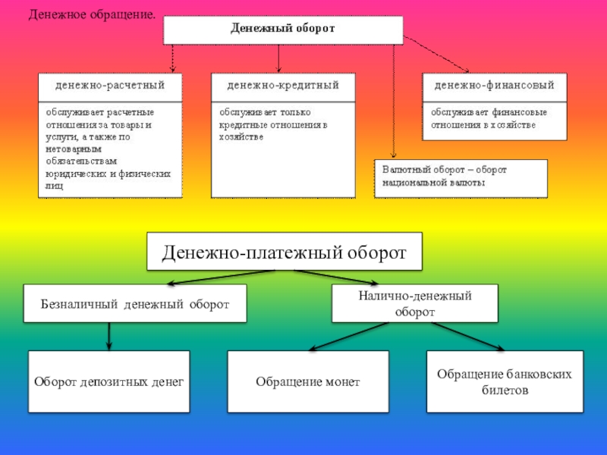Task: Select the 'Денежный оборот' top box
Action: [x=283, y=30]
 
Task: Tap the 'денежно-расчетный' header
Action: [x=110, y=85]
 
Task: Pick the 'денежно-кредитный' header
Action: [x=282, y=85]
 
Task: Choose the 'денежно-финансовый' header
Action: [x=494, y=85]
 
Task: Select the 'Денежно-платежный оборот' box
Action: [x=285, y=251]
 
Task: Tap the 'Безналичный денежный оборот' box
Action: [x=135, y=304]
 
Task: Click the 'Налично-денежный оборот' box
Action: [x=415, y=303]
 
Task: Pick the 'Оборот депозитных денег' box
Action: [x=109, y=381]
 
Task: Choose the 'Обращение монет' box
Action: [x=308, y=381]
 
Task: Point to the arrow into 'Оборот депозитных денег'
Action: [x=109, y=336]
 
